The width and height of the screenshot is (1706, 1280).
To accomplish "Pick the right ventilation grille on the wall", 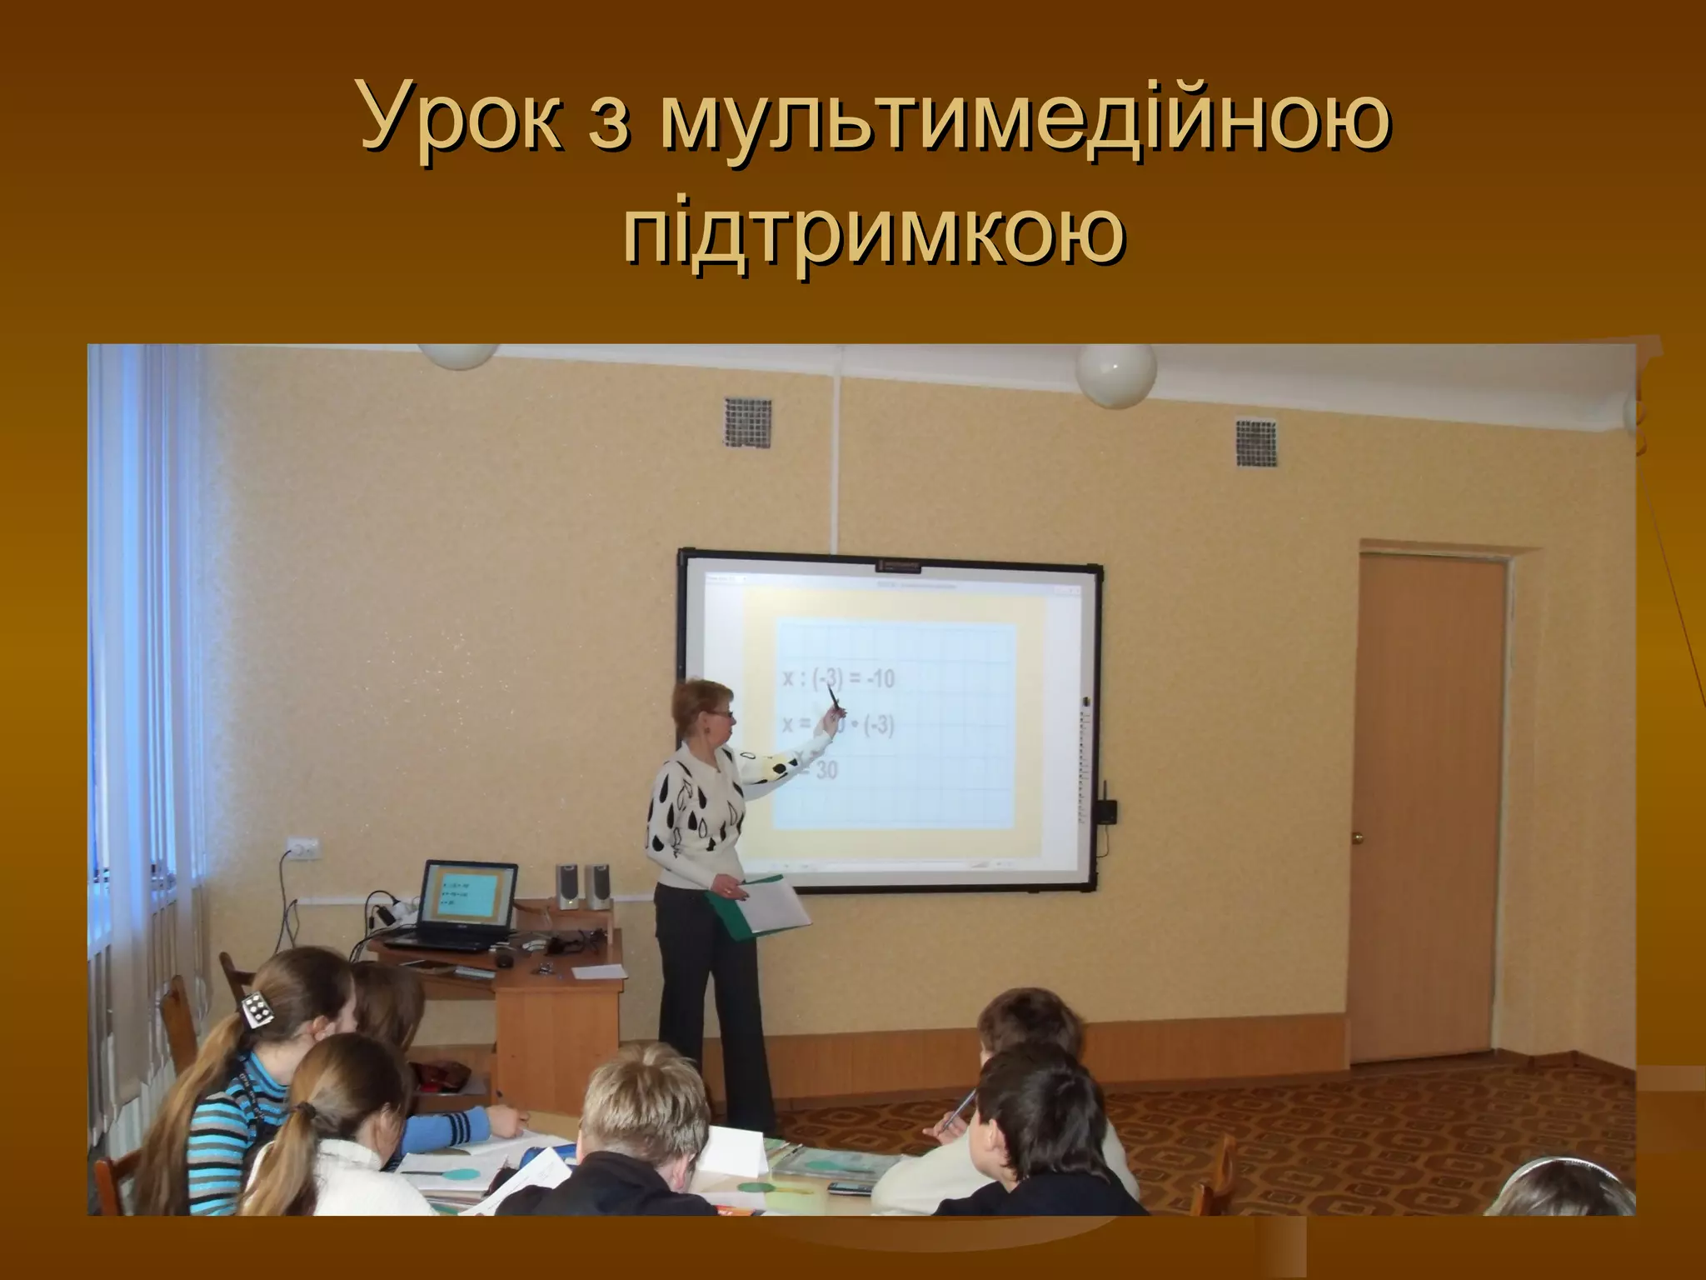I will [x=1255, y=443].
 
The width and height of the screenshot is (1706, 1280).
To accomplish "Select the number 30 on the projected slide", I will [x=825, y=770].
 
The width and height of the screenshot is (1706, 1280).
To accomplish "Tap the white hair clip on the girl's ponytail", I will [x=258, y=1010].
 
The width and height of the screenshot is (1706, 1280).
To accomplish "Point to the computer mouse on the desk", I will [x=506, y=959].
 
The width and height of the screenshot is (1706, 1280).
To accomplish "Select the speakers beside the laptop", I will [x=582, y=885].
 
